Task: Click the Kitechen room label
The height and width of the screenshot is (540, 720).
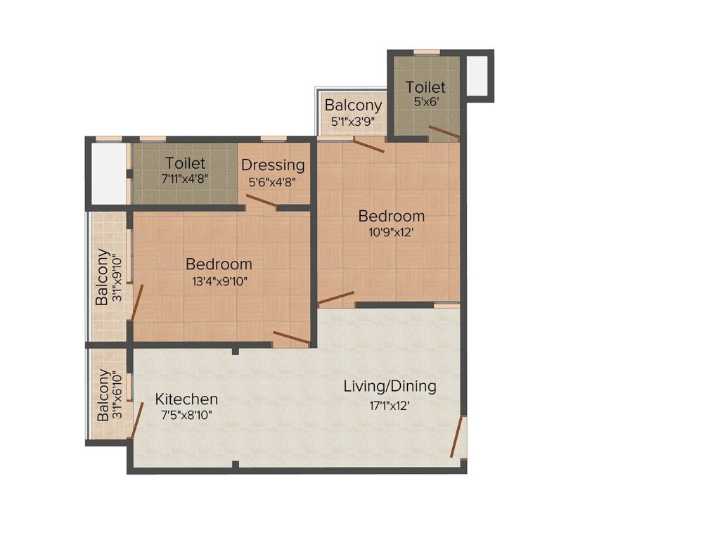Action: coord(186,399)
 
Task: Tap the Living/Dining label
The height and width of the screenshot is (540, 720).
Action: coord(390,386)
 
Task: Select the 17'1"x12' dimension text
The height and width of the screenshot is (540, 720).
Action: coord(390,406)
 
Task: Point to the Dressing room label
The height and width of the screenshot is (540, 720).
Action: coord(273,165)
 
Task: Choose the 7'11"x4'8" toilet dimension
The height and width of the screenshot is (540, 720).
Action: coord(185,178)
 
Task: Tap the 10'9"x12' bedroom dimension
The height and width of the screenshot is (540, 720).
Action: coord(391,232)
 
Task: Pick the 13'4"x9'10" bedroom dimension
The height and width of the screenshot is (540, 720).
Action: coord(219,281)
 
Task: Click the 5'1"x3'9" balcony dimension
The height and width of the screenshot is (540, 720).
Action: coord(353,122)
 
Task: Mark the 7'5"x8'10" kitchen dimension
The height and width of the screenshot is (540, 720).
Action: coord(186,416)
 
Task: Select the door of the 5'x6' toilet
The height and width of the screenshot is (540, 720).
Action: coord(444,131)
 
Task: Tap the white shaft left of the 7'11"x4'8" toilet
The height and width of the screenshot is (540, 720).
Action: coord(109,174)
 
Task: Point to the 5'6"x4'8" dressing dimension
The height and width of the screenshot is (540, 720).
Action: coord(272,182)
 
